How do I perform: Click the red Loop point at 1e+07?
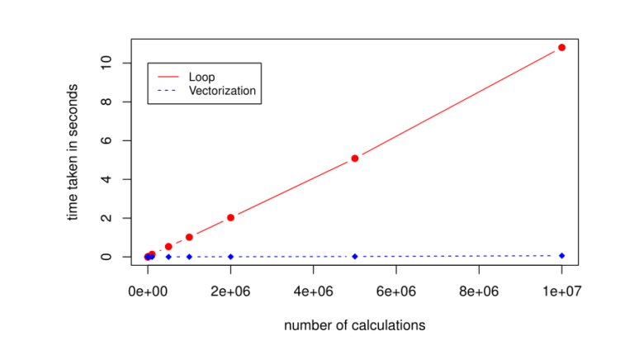[561, 47]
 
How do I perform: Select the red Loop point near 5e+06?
[355, 158]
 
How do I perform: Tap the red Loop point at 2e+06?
[230, 217]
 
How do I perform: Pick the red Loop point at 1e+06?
[189, 237]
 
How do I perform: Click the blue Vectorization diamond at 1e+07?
[561, 255]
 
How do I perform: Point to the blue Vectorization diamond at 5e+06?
[355, 256]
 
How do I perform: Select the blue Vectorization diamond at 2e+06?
[230, 257]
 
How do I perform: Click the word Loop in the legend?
[201, 77]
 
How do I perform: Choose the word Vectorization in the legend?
[222, 90]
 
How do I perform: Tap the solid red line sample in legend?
[167, 77]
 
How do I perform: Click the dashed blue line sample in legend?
[167, 90]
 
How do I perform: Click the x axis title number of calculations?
[354, 325]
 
